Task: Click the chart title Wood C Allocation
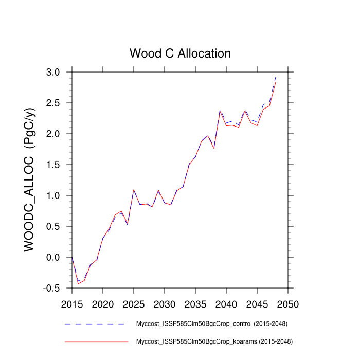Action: click(x=180, y=53)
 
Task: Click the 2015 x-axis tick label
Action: click(x=72, y=303)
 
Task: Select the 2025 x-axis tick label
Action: click(x=134, y=303)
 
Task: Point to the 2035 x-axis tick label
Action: click(x=195, y=303)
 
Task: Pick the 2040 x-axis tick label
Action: click(x=226, y=303)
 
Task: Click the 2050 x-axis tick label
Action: click(x=288, y=303)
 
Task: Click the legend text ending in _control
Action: click(x=211, y=324)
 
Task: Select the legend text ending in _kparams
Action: click(x=214, y=341)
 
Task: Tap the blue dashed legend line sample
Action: click(x=95, y=324)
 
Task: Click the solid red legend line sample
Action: click(x=96, y=341)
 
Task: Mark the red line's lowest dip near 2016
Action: click(x=78, y=283)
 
